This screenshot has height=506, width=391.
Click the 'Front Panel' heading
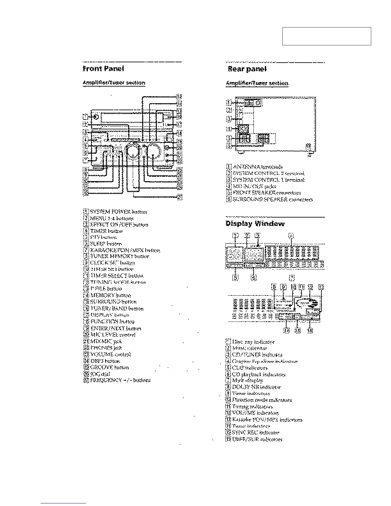coord(103,69)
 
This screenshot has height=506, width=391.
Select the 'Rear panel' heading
coord(247,69)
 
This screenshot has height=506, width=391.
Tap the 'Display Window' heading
coord(255,224)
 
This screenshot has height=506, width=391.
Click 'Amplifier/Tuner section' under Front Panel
coord(114,83)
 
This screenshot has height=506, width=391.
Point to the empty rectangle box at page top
coord(326,36)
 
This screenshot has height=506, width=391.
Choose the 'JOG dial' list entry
coord(100,374)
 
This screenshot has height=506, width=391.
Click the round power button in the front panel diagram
coord(96,117)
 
